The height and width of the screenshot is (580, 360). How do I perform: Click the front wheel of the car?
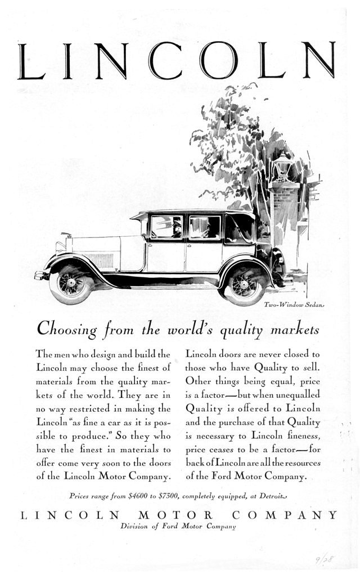click(71, 283)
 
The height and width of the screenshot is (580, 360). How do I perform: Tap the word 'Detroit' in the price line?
click(275, 496)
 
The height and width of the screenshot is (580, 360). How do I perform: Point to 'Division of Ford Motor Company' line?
click(178, 527)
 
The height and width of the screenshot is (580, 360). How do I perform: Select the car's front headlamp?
click(60, 246)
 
